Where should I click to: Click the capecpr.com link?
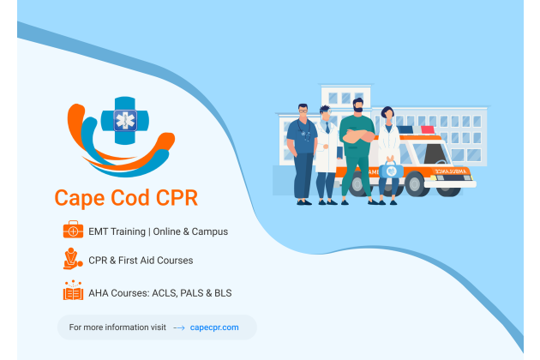pos(214,327)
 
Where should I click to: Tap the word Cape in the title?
pos(80,198)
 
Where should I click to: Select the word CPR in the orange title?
pos(177,197)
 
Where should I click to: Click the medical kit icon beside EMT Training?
pos(73,230)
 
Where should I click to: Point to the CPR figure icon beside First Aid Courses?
pos(73,258)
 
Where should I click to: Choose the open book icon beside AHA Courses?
pos(73,291)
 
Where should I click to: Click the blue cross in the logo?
pos(125,121)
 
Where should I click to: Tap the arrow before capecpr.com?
pos(179,328)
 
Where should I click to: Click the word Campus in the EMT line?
pos(210,231)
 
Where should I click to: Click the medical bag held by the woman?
pos(391,170)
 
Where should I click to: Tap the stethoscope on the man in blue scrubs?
pos(303,130)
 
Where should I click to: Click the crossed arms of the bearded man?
pos(359,136)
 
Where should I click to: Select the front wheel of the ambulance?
pos(414,184)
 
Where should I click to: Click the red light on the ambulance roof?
pos(428,130)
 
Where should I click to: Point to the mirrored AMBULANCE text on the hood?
pos(451,171)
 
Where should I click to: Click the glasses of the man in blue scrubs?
pos(303,111)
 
